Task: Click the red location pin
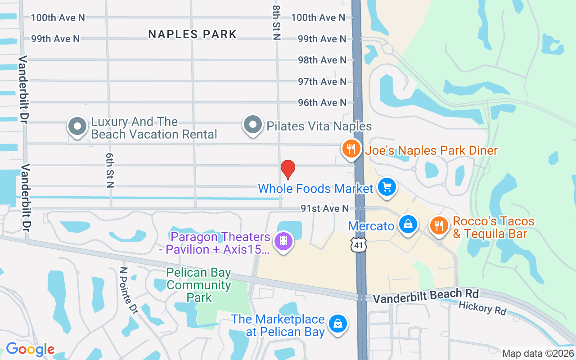pyautogui.click(x=288, y=169)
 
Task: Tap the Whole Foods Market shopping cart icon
pyautogui.click(x=387, y=187)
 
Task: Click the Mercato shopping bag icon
pyautogui.click(x=408, y=224)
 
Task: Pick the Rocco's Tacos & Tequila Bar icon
pyautogui.click(x=438, y=225)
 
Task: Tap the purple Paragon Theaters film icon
pyautogui.click(x=283, y=241)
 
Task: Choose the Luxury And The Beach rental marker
pyautogui.click(x=77, y=126)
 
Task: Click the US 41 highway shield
pyautogui.click(x=360, y=245)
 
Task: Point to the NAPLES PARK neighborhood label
pyautogui.click(x=192, y=34)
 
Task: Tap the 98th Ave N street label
pyautogui.click(x=322, y=60)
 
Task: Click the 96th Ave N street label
pyautogui.click(x=322, y=103)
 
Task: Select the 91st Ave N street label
pyautogui.click(x=325, y=208)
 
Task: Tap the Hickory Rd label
pyautogui.click(x=482, y=308)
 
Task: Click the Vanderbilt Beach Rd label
pyautogui.click(x=425, y=296)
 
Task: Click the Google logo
pyautogui.click(x=30, y=349)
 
